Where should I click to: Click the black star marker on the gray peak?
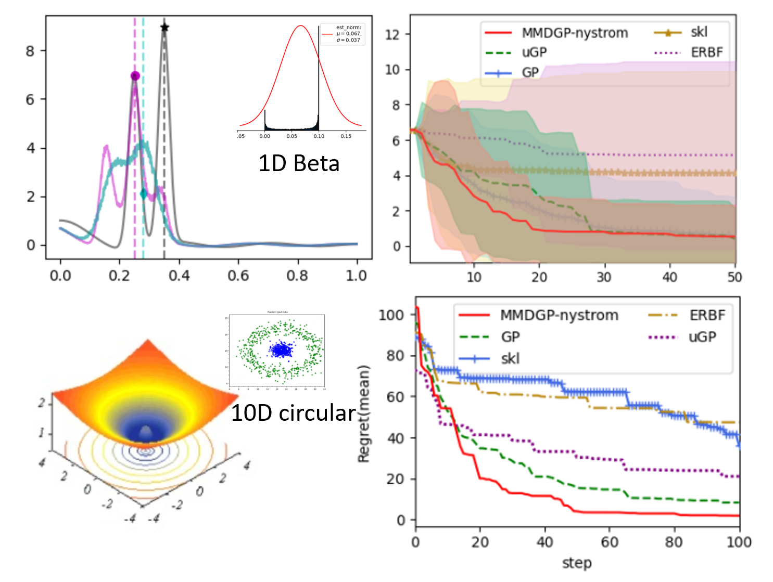point(164,27)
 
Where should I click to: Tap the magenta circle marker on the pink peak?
point(135,76)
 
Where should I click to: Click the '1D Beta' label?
point(299,163)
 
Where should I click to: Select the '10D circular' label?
point(293,413)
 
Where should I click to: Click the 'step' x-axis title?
point(577,563)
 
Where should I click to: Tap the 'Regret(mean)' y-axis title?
point(363,414)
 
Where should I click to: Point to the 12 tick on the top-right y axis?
point(392,35)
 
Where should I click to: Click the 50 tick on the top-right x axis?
point(734,277)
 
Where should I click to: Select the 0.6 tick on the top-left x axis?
point(238,276)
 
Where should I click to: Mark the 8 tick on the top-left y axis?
point(31,51)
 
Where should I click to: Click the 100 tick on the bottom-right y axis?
point(391,315)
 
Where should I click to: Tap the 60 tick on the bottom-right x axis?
point(610,542)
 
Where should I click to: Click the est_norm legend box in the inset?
point(343,34)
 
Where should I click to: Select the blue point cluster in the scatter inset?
point(282,350)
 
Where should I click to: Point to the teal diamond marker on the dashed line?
point(144,193)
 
